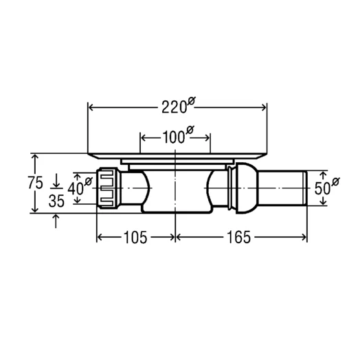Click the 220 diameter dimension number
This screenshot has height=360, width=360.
174,107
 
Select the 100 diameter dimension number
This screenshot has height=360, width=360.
174,137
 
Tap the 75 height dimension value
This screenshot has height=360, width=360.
35,183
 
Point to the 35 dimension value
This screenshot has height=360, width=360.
56,201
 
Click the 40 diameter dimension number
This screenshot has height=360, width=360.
76,189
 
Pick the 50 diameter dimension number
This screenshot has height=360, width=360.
322,188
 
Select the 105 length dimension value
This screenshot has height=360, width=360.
135,238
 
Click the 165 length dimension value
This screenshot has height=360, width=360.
239,237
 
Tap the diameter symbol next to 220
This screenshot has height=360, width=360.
191,101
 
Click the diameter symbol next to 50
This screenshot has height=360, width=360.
335,182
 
